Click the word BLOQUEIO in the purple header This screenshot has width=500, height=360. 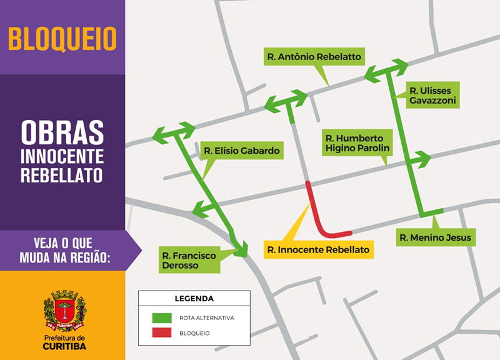point(62,39)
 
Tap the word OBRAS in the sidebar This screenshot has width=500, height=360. point(62,132)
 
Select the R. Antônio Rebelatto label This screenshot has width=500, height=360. point(314,57)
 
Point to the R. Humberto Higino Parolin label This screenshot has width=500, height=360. point(357,142)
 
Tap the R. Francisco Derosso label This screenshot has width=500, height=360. point(189,261)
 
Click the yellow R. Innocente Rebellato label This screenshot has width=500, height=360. point(318,249)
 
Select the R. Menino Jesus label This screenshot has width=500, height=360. point(435,237)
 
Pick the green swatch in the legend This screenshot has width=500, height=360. point(162,317)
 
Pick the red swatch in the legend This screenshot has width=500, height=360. point(162,333)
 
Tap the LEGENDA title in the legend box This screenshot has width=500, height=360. point(194,299)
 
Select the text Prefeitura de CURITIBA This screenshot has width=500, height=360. point(64,342)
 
